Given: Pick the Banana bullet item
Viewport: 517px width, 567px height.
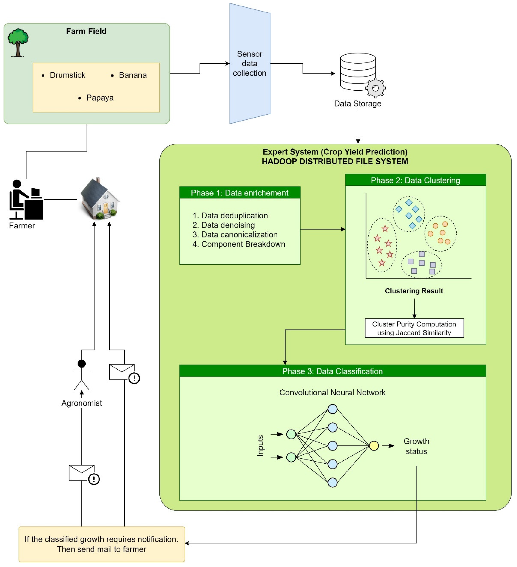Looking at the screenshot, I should (x=133, y=75).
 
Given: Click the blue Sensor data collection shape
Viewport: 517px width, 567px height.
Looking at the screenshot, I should (x=250, y=64).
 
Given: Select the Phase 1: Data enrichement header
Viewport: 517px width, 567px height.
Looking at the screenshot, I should (x=240, y=193).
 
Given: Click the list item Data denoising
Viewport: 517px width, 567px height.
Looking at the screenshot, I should (x=228, y=225).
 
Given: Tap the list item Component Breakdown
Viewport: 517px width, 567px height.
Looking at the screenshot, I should (x=243, y=244).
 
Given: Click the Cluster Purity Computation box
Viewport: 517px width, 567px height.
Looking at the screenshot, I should (x=414, y=328).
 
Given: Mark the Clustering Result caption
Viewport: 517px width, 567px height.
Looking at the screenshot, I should (x=414, y=291).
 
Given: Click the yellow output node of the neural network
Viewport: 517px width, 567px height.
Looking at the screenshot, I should (x=374, y=446).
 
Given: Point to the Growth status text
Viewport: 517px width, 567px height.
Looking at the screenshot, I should (x=416, y=446).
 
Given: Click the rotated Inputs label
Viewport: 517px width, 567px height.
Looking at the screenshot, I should (x=260, y=446).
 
